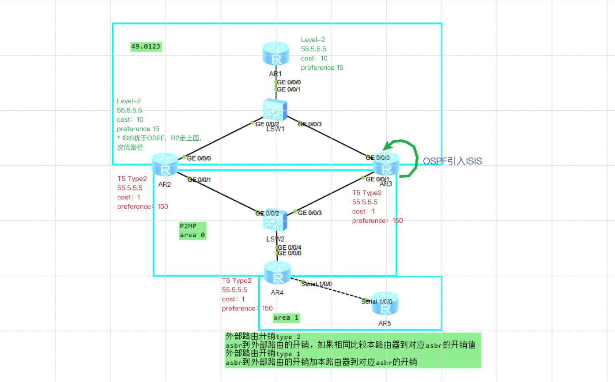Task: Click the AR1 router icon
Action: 276,55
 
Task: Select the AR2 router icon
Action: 165,165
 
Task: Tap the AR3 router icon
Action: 386,165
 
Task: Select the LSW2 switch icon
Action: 275,221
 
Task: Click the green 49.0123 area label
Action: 146,46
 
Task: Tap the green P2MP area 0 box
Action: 192,230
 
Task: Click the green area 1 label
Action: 286,318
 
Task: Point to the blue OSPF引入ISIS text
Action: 452,161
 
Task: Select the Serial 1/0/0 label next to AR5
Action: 377,301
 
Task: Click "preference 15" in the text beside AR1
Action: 322,67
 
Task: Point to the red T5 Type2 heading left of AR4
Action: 236,281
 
